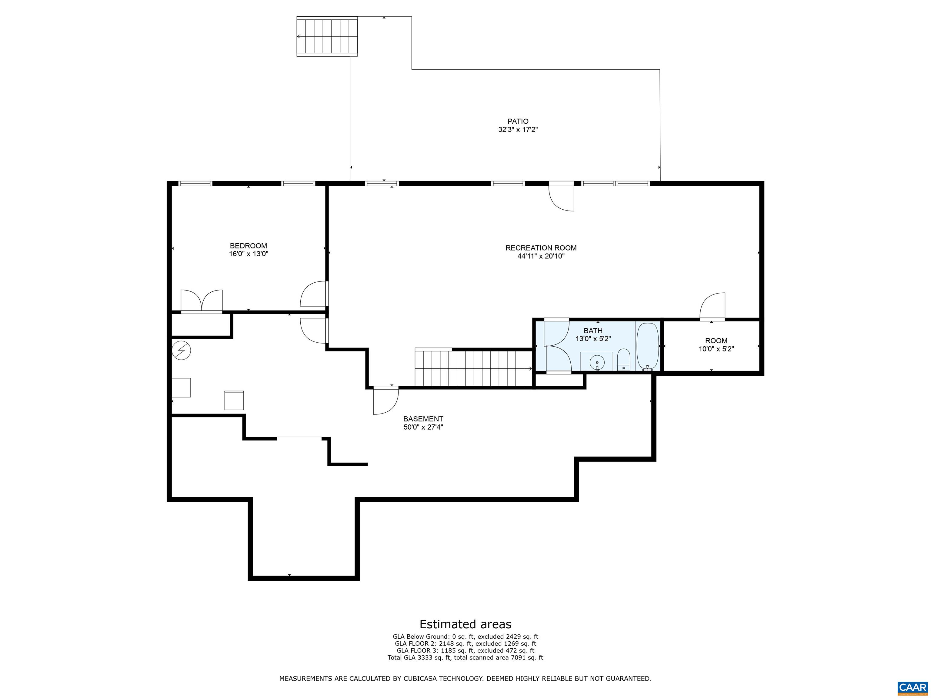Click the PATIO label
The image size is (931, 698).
pyautogui.click(x=518, y=121)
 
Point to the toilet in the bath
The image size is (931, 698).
pyautogui.click(x=623, y=359)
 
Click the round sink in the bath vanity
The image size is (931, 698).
pyautogui.click(x=597, y=362)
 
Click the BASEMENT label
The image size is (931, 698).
pyautogui.click(x=423, y=419)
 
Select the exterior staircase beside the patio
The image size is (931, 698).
pyautogui.click(x=327, y=37)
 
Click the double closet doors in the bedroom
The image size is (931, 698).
pyautogui.click(x=202, y=301)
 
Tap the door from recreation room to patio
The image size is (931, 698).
pyautogui.click(x=562, y=197)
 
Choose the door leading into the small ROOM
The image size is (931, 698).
pyautogui.click(x=712, y=306)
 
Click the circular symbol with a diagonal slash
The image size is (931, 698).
pyautogui.click(x=182, y=350)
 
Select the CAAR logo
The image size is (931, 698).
pyautogui.click(x=912, y=687)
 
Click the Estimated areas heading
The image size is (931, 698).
pyautogui.click(x=465, y=624)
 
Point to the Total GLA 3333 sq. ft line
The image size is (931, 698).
pyautogui.click(x=465, y=658)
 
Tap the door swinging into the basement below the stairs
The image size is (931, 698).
pyautogui.click(x=385, y=401)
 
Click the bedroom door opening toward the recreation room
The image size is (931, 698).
pyautogui.click(x=314, y=294)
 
